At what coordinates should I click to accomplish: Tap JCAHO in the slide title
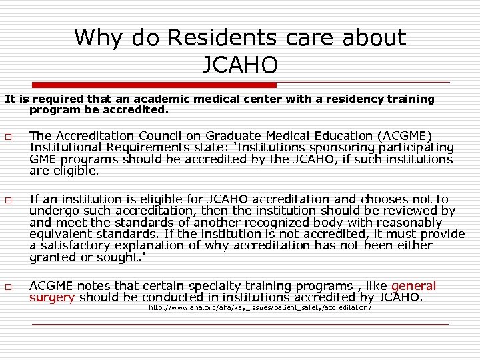(239, 65)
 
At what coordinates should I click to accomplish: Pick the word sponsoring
(337, 147)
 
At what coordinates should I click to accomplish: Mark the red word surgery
(52, 297)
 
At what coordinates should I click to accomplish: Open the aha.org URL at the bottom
(259, 308)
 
